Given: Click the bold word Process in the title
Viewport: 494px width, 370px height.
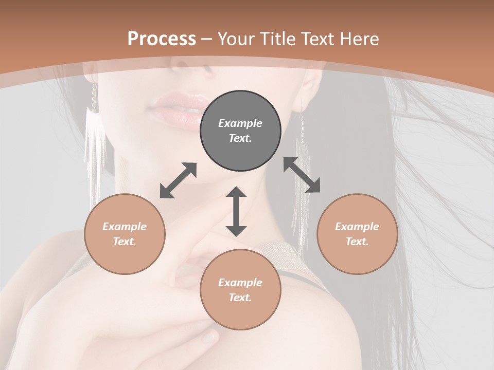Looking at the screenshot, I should (x=162, y=39).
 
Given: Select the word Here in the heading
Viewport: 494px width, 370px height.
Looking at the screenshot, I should (x=359, y=39).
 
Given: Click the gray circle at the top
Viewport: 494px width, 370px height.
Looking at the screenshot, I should (x=240, y=131).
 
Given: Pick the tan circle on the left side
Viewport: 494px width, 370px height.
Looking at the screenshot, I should (x=125, y=234).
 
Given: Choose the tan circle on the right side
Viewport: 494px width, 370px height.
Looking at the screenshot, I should (x=357, y=234).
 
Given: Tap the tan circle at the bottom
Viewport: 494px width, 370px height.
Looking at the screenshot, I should (x=240, y=290).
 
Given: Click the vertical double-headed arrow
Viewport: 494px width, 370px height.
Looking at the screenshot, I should (x=236, y=211).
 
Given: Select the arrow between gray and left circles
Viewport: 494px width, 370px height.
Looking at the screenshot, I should (x=178, y=180).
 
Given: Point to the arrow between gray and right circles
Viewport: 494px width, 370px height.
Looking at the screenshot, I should (x=302, y=175).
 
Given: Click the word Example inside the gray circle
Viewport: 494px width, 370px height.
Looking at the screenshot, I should (x=240, y=123).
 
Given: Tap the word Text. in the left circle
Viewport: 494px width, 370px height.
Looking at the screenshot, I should (x=125, y=242).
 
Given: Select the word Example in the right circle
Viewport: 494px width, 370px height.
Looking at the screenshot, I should (x=357, y=227).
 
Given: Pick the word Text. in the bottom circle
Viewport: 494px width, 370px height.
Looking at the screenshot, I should (x=240, y=298).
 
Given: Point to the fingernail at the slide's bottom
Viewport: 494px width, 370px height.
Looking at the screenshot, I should (x=209, y=337).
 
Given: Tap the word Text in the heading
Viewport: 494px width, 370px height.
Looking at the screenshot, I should (x=316, y=39).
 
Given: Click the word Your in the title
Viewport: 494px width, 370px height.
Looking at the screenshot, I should (x=235, y=39).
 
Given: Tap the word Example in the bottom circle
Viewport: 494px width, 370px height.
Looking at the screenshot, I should (x=240, y=283).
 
